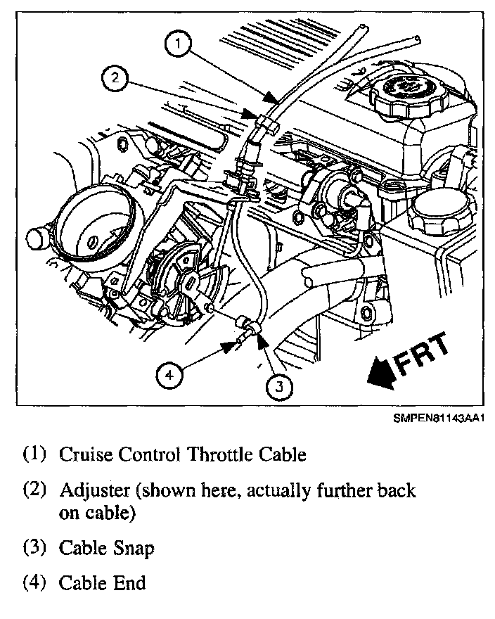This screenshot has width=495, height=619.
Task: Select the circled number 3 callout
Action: click(x=280, y=385)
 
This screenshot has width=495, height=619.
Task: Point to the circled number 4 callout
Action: click(x=169, y=375)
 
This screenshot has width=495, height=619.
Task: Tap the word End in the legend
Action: click(x=130, y=582)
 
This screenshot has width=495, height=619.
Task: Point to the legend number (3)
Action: click(x=36, y=548)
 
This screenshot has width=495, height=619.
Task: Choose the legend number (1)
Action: click(x=36, y=454)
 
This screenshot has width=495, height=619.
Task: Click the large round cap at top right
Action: click(x=398, y=91)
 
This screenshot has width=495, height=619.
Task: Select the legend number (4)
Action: click(x=36, y=582)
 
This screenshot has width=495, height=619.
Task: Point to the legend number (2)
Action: click(x=36, y=490)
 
